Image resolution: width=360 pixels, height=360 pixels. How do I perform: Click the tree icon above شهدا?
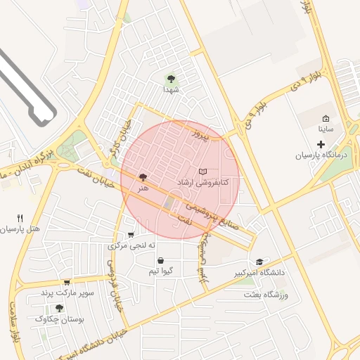(171, 79)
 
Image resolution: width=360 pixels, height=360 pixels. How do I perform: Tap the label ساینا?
(325, 129)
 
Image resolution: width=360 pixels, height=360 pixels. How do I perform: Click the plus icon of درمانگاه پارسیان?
(321, 144)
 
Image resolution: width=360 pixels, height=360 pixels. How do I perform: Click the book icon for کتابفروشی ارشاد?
(203, 172)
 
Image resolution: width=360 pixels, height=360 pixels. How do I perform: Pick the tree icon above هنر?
(143, 178)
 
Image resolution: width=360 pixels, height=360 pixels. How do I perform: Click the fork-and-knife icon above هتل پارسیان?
(20, 219)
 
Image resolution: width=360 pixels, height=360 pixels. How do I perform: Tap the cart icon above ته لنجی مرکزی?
(131, 235)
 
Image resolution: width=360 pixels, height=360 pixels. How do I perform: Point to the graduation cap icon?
(261, 262)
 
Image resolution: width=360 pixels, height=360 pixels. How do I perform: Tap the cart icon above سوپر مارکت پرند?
(67, 281)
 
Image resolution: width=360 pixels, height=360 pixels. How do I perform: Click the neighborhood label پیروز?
(201, 133)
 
